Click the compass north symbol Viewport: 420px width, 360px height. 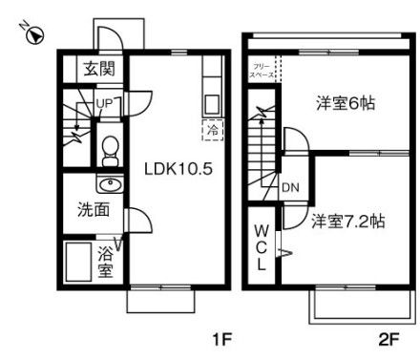pyautogui.click(x=34, y=37)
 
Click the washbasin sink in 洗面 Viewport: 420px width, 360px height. pyautogui.click(x=109, y=184)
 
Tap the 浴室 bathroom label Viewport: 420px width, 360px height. pyautogui.click(x=106, y=262)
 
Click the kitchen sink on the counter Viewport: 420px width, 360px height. pyautogui.click(x=212, y=101)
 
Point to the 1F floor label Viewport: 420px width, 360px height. pyautogui.click(x=221, y=339)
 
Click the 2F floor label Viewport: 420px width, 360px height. pyautogui.click(x=388, y=339)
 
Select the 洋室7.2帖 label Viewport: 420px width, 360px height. pyautogui.click(x=348, y=221)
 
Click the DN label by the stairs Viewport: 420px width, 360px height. pyautogui.click(x=289, y=187)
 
